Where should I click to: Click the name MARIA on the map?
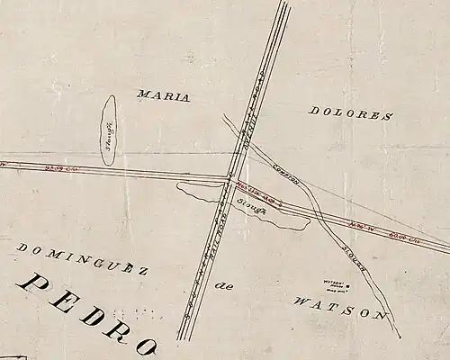point(163,96)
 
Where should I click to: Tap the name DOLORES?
point(351,113)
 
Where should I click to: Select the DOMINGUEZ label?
point(82,258)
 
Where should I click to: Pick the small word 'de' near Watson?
point(225,286)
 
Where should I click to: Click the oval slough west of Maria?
point(108,131)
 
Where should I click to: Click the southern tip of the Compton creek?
point(400,337)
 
